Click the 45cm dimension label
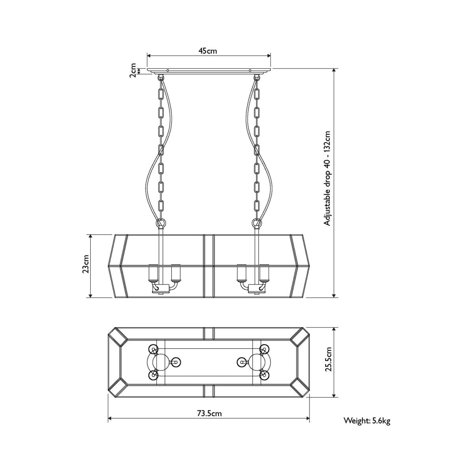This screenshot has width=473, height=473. pyautogui.click(x=207, y=51)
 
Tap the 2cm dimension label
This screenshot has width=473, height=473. pyautogui.click(x=132, y=71)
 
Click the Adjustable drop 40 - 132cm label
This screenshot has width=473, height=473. pyautogui.click(x=328, y=178)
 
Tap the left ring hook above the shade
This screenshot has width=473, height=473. pyautogui.click(x=161, y=223)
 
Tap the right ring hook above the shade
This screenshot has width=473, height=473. pyautogui.click(x=257, y=223)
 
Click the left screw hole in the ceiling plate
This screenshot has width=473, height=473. pyautogui.click(x=168, y=71)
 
